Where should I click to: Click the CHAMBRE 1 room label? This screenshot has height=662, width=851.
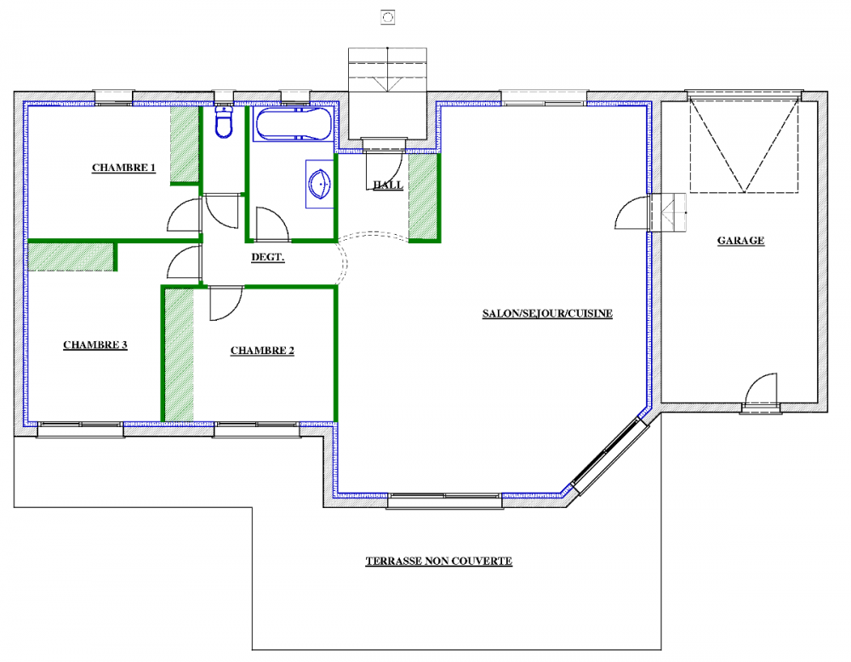pyautogui.click(x=123, y=168)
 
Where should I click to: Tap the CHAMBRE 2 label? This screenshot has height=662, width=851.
pyautogui.click(x=262, y=351)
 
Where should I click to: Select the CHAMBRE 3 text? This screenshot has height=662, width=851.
pyautogui.click(x=95, y=345)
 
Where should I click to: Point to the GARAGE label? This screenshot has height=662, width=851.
pyautogui.click(x=741, y=241)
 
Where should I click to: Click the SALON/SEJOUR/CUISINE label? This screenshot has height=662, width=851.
pyautogui.click(x=547, y=314)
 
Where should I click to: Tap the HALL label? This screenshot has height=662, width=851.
pyautogui.click(x=388, y=185)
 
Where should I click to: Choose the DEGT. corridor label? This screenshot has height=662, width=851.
pyautogui.click(x=267, y=257)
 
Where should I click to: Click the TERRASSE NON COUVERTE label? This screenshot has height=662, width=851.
pyautogui.click(x=438, y=561)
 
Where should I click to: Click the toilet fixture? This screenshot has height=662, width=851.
pyautogui.click(x=224, y=122)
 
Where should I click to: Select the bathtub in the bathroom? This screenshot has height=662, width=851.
pyautogui.click(x=293, y=124)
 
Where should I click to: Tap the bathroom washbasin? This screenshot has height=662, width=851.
pyautogui.click(x=320, y=184)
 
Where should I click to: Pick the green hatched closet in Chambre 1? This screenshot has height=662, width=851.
pyautogui.click(x=185, y=145)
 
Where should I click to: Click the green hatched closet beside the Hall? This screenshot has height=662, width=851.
pyautogui.click(x=423, y=197)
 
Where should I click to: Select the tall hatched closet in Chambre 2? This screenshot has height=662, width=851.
pyautogui.click(x=179, y=355)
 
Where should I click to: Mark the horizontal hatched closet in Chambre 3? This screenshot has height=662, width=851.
pyautogui.click(x=71, y=257)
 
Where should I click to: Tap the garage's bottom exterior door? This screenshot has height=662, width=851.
pyautogui.click(x=761, y=391)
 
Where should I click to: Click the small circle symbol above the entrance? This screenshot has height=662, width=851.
pyautogui.click(x=387, y=17)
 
